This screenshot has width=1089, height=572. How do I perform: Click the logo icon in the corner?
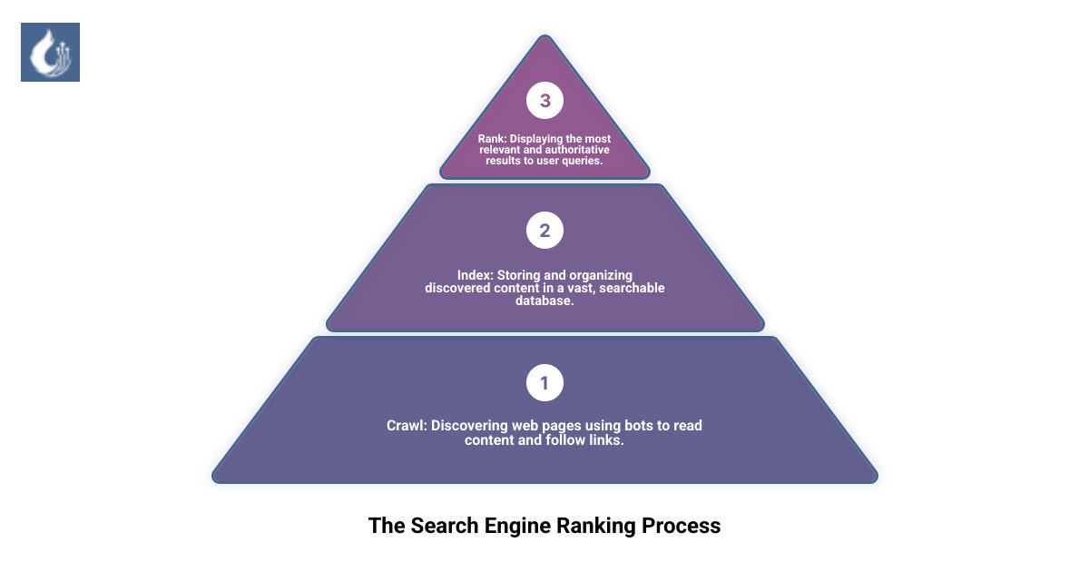pos(50,52)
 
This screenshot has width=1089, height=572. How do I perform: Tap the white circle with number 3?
pos(544,101)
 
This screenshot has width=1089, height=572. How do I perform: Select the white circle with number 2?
pos(544,231)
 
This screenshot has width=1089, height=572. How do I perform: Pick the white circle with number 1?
pos(544,383)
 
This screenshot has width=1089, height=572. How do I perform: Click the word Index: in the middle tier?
pos(476,275)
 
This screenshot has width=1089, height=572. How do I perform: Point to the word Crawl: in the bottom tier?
pos(407,425)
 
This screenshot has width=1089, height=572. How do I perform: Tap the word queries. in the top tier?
pos(583,160)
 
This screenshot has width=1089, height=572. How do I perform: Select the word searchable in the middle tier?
pos(633,288)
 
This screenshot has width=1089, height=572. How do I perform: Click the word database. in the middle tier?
pos(544,301)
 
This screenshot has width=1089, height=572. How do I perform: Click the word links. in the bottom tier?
pos(606,440)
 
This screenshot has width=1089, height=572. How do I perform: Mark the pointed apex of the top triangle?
pos(544,37)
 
